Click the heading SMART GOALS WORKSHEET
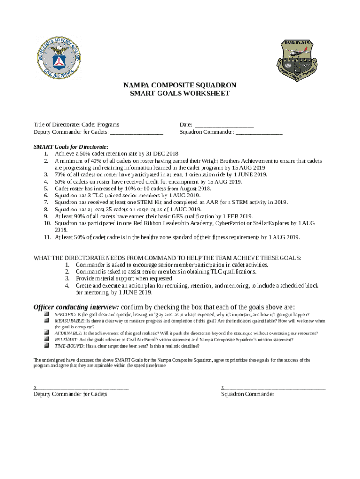(x=180, y=94)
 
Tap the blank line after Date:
(x=224, y=125)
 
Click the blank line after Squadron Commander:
(x=259, y=132)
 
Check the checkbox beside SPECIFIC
(x=47, y=315)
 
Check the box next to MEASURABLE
(x=47, y=321)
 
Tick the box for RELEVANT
(x=47, y=339)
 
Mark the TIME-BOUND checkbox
(x=47, y=345)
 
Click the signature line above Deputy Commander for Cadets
(x=82, y=388)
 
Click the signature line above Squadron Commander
(x=275, y=388)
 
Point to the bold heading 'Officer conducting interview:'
(x=76, y=307)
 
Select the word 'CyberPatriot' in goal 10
(x=231, y=223)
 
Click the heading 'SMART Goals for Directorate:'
(x=71, y=146)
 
